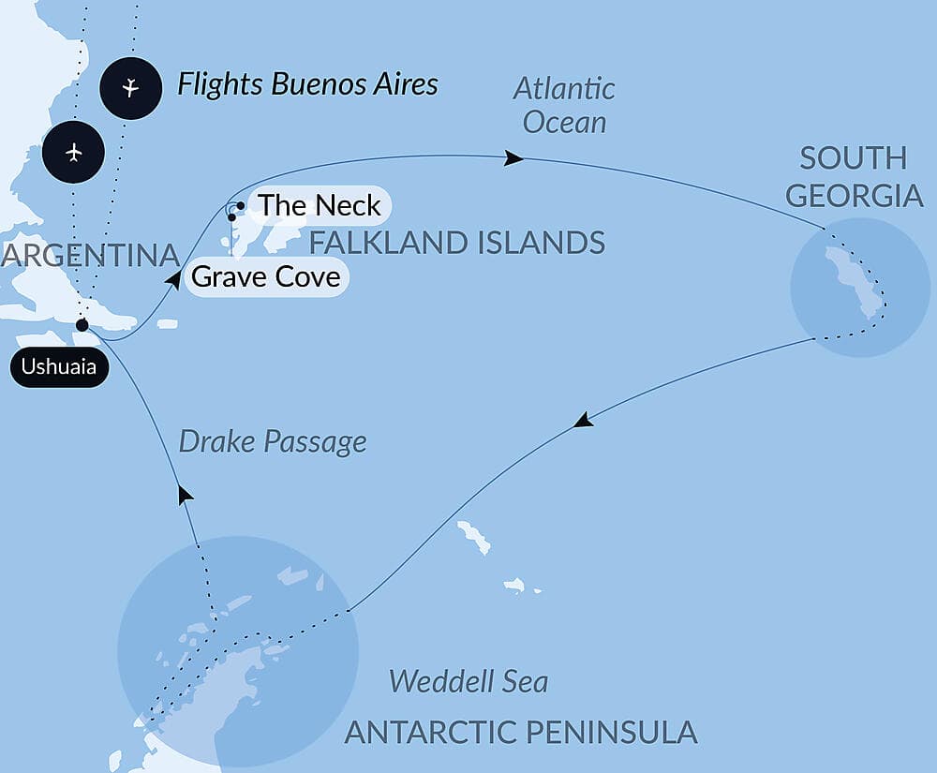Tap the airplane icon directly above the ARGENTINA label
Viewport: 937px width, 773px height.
[74, 152]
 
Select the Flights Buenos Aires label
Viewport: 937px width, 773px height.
[307, 85]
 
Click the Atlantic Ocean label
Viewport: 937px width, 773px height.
[565, 105]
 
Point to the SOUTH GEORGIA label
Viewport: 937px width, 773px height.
[854, 176]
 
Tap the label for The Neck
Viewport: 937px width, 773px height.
[319, 205]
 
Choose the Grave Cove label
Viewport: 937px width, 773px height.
[265, 278]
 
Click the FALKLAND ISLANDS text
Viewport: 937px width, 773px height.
[456, 244]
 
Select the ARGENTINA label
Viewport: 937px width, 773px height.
[90, 255]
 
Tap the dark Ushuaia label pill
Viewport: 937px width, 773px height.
[59, 367]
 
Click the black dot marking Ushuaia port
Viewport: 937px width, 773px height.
[82, 325]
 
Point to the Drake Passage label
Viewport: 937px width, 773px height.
[272, 441]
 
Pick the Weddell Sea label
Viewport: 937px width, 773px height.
[468, 680]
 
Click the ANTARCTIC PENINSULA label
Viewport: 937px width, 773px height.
[521, 732]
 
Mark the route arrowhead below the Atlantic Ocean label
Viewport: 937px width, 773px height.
[513, 158]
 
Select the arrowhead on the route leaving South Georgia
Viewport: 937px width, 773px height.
[584, 421]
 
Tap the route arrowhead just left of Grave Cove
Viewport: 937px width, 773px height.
[172, 278]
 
